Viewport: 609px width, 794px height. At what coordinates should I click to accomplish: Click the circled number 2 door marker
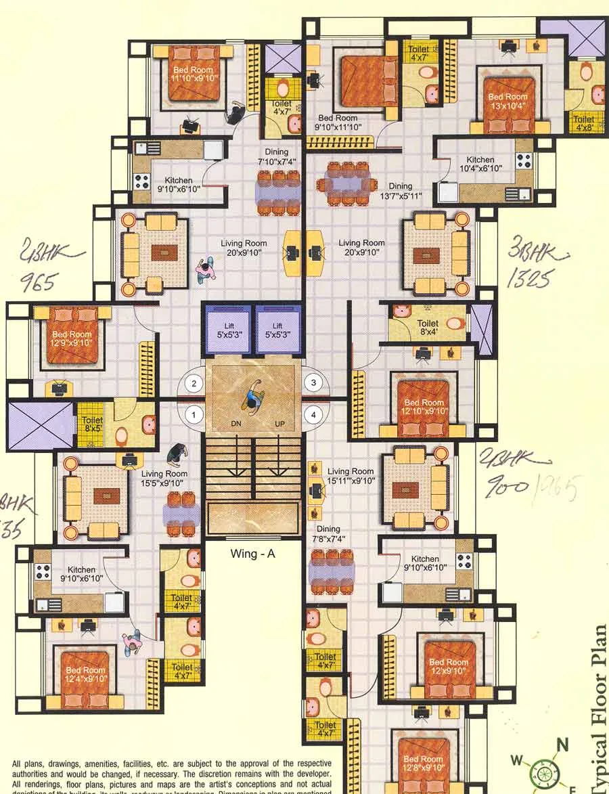tap(194, 384)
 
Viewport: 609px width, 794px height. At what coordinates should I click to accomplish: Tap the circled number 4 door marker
tap(313, 414)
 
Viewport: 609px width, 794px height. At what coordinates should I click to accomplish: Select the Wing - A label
tap(252, 554)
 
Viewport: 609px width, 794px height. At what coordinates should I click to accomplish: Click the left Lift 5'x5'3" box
tap(229, 330)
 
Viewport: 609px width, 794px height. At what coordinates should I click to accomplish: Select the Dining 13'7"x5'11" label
tap(401, 191)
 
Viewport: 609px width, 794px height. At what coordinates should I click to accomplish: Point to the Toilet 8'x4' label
tap(428, 328)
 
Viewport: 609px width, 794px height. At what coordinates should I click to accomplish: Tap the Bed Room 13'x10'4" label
tap(507, 101)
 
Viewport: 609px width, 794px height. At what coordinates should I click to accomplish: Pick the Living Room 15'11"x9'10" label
tap(351, 476)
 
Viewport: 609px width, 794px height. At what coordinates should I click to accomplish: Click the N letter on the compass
tap(562, 747)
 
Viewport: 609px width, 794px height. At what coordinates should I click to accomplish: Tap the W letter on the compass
tap(517, 761)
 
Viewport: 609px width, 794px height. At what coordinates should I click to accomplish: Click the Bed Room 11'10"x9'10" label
tap(193, 74)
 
